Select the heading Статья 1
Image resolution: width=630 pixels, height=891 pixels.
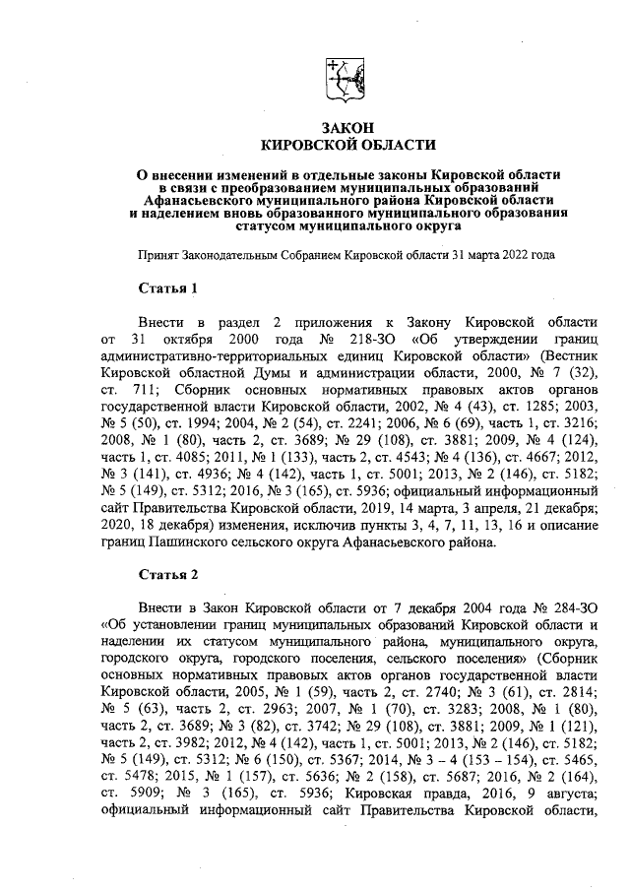point(167,288)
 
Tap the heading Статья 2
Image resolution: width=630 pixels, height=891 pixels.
point(167,573)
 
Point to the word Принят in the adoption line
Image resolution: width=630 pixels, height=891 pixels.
point(160,254)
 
